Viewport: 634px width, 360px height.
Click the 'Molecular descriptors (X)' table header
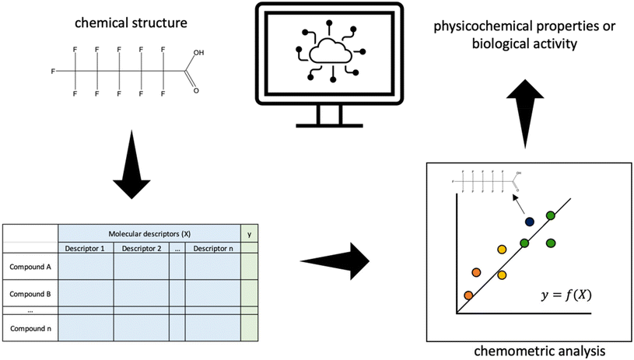click(x=149, y=233)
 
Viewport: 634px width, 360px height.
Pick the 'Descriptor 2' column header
click(x=142, y=249)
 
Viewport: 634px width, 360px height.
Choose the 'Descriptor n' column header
click(x=212, y=249)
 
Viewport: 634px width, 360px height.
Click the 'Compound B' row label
click(x=30, y=295)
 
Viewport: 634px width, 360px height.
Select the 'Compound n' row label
click(x=30, y=329)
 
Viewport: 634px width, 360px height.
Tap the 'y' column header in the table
click(x=248, y=233)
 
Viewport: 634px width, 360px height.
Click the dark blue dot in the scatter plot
click(x=530, y=222)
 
